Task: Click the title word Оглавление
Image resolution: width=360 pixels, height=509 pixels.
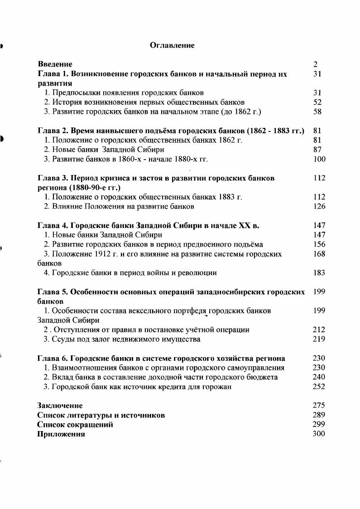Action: [x=172, y=45]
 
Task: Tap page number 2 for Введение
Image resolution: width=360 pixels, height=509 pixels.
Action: [x=316, y=64]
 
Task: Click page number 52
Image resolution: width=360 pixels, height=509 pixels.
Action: [x=317, y=102]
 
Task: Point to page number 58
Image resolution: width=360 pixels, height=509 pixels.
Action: [x=317, y=111]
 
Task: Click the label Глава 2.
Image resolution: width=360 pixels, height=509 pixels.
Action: [x=51, y=131]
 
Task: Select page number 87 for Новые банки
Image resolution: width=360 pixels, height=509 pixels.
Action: [x=317, y=150]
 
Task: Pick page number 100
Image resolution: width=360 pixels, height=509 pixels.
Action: [x=319, y=159]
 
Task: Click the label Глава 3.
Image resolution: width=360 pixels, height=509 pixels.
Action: [x=51, y=178]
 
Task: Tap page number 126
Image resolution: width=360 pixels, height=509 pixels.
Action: [x=319, y=207]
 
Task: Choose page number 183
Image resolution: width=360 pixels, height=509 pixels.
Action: [x=319, y=273]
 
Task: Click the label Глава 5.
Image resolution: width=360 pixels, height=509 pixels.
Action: [x=51, y=292]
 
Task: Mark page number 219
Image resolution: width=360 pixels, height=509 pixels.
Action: [x=319, y=339]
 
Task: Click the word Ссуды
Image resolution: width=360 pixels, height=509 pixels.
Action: [x=63, y=339]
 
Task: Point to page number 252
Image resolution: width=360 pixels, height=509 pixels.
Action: [x=319, y=387]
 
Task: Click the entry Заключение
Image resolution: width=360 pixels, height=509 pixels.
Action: [x=60, y=406]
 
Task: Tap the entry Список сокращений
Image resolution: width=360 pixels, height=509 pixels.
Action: [x=75, y=425]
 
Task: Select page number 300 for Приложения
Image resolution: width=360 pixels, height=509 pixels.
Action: [x=319, y=434]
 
